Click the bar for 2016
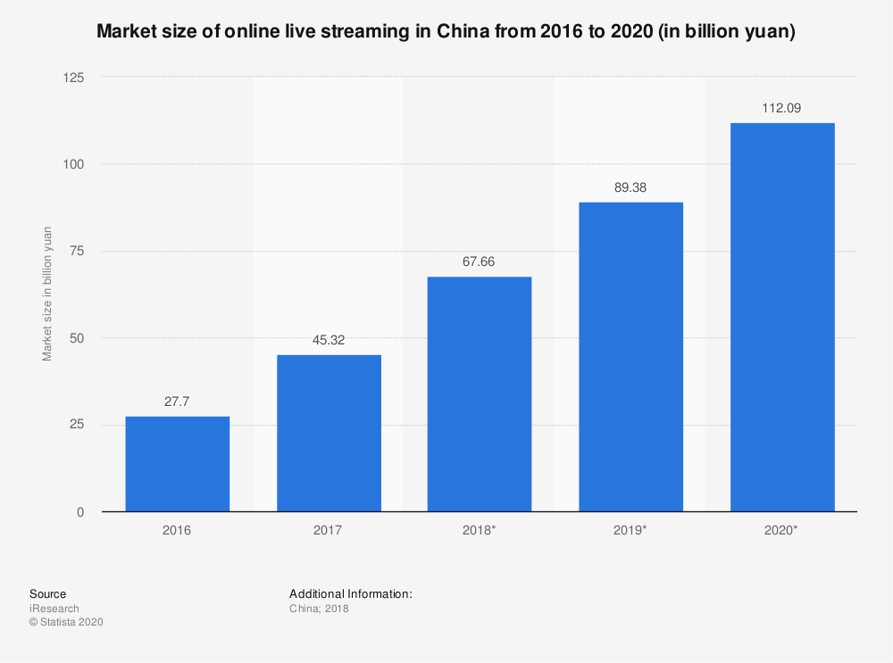pos(177,464)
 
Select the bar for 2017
pos(329,433)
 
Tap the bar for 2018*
pos(480,394)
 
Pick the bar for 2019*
pos(630,357)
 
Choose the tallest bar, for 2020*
pos(782,317)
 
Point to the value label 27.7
pos(177,402)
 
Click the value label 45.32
pos(329,340)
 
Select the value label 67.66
pos(480,262)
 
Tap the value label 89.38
pos(630,187)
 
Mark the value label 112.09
pos(782,108)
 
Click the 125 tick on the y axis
pos(73,78)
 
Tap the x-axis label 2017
pos(329,530)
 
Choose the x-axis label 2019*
pos(630,530)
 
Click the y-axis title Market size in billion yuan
pos(47,294)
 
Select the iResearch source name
pos(54,609)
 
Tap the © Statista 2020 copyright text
pos(67,623)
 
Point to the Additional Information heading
pos(351,593)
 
